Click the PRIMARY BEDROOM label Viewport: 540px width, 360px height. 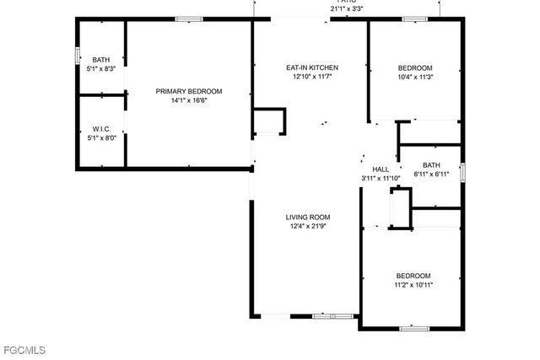point(188,91)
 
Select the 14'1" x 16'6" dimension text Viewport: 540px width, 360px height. point(188,100)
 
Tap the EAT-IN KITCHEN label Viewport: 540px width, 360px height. point(312,67)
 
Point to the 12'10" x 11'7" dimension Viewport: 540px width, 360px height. point(312,78)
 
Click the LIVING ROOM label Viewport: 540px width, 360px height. point(307,217)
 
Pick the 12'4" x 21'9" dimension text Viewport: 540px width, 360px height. point(307,226)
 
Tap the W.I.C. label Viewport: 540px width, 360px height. point(101,129)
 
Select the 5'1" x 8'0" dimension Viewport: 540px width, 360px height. point(101,138)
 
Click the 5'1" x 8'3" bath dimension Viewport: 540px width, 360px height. point(101,69)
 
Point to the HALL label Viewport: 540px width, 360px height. point(381,169)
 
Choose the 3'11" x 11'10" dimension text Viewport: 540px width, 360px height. point(381,178)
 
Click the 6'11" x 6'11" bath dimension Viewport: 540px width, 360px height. point(431,175)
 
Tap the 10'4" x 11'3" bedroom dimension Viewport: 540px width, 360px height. point(415,78)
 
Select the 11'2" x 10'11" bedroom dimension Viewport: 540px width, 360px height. point(414,285)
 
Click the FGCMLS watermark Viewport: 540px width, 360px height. point(24,349)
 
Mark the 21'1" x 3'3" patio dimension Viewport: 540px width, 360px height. point(346,9)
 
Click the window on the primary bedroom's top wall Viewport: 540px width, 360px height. point(189,19)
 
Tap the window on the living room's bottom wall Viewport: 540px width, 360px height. point(332,316)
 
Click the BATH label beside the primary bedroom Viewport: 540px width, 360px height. point(101,60)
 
